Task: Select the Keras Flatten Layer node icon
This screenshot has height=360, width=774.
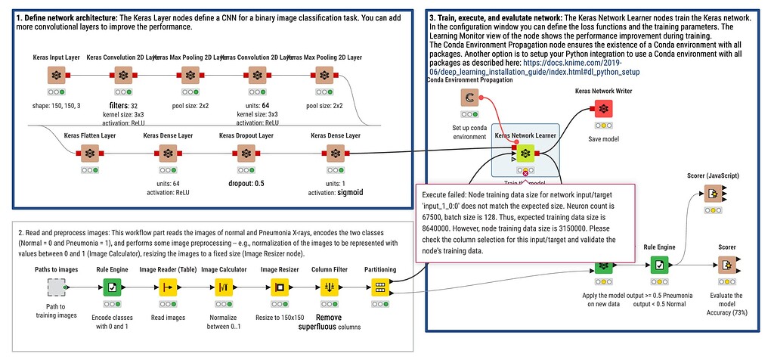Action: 90,154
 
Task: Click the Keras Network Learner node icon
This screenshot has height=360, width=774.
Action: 525,154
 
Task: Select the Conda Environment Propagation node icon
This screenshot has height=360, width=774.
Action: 469,98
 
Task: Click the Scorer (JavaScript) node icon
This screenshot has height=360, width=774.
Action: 713,194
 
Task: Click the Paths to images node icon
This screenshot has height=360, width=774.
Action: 56,287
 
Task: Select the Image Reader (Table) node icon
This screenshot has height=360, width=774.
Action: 167,287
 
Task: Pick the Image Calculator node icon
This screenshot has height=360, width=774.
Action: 224,287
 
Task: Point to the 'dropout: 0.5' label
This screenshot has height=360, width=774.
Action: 247,182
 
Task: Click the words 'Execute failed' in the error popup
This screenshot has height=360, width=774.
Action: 446,194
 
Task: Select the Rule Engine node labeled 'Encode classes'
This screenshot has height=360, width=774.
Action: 112,287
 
